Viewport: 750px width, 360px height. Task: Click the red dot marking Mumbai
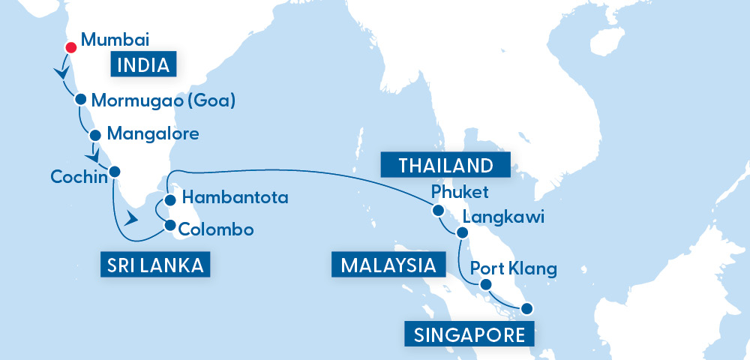coord(71,48)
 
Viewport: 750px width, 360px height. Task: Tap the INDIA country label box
coord(144,64)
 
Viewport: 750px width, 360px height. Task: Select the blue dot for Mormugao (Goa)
coord(81,98)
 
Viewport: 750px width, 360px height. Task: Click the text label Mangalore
coord(153,134)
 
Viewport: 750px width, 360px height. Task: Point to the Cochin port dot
coord(115,171)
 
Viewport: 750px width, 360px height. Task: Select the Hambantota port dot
coord(170,200)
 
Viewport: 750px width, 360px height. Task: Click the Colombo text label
coord(217,229)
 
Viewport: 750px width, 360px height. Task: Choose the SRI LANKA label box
coord(154,265)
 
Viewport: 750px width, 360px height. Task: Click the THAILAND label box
coord(445,164)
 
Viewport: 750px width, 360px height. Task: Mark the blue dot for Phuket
coord(439,211)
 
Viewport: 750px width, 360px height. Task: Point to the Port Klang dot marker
coord(486,284)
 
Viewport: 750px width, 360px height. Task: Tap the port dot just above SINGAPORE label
coord(527,307)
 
